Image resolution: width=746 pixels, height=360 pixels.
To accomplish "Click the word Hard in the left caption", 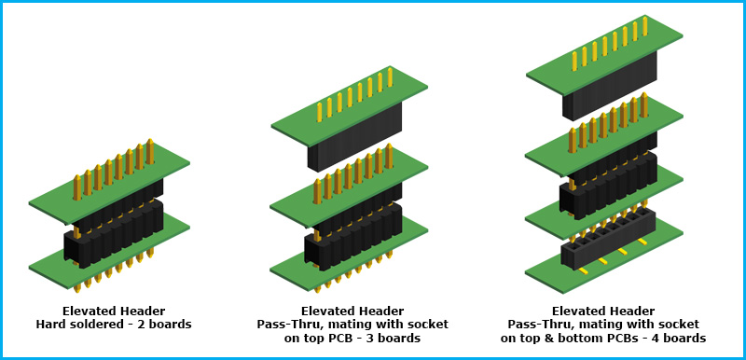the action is click(49, 325).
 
